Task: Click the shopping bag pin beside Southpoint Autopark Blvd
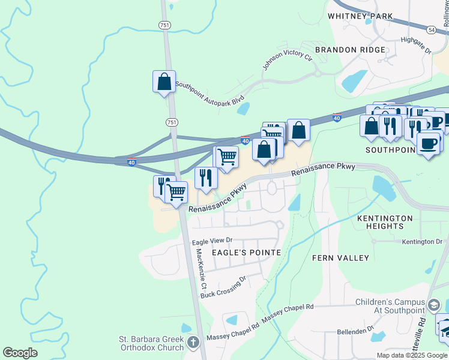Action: tap(164, 82)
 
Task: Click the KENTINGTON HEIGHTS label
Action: tap(385, 222)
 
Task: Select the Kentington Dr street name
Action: tap(422, 242)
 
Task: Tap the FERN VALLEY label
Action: tap(340, 258)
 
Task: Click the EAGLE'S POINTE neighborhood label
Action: tap(246, 253)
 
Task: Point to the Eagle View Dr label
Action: tap(211, 241)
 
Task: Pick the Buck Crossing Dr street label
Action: tap(224, 287)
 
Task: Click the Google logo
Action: tap(20, 353)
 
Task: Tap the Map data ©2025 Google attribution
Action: tap(411, 355)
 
